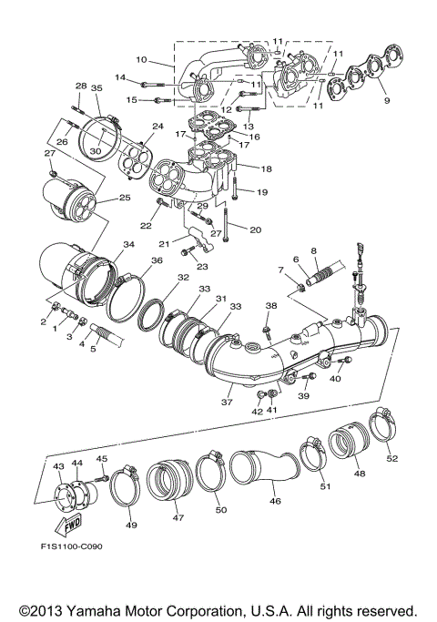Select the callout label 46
pyautogui.click(x=274, y=501)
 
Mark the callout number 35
pyautogui.click(x=97, y=88)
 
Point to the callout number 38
pyautogui.click(x=270, y=306)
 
